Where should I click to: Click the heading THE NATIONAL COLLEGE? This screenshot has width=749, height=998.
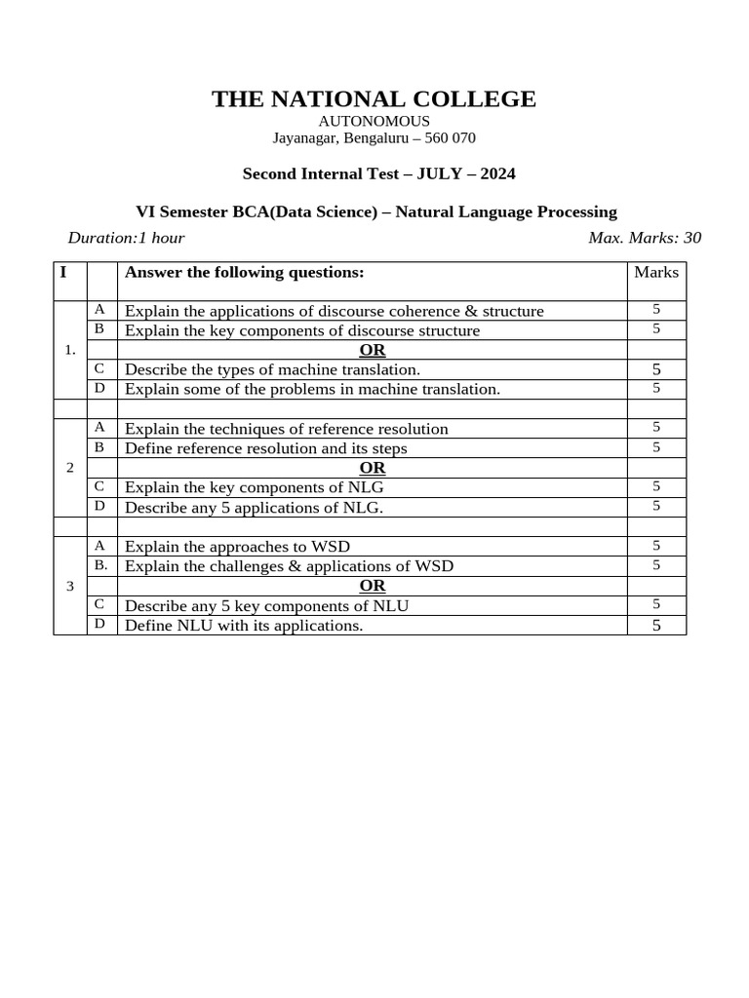pyautogui.click(x=374, y=99)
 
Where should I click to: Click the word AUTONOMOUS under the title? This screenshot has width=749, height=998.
pyautogui.click(x=374, y=121)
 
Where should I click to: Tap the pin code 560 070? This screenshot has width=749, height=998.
pyautogui.click(x=450, y=138)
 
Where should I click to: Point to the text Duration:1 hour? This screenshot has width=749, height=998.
pyautogui.click(x=126, y=238)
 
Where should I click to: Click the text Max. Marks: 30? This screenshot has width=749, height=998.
pyautogui.click(x=645, y=238)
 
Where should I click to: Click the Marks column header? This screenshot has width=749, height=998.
pyautogui.click(x=656, y=272)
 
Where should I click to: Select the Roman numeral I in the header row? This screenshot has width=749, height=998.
pyautogui.click(x=63, y=272)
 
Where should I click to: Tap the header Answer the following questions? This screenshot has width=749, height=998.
pyautogui.click(x=244, y=272)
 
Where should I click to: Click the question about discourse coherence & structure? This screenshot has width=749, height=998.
pyautogui.click(x=334, y=311)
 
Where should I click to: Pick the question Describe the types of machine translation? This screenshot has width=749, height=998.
pyautogui.click(x=272, y=369)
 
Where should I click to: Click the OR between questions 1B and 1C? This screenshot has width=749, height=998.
pyautogui.click(x=373, y=350)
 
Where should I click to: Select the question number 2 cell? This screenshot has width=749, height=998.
pyautogui.click(x=69, y=468)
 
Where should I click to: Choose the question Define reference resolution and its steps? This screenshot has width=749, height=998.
pyautogui.click(x=265, y=448)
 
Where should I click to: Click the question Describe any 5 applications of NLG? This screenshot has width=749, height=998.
pyautogui.click(x=254, y=508)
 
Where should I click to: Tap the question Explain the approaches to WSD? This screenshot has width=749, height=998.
pyautogui.click(x=237, y=546)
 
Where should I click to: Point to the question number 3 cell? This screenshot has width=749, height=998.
pyautogui.click(x=69, y=586)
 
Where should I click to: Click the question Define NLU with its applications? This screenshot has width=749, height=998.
pyautogui.click(x=244, y=626)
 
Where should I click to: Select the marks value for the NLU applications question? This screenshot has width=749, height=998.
pyautogui.click(x=656, y=626)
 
